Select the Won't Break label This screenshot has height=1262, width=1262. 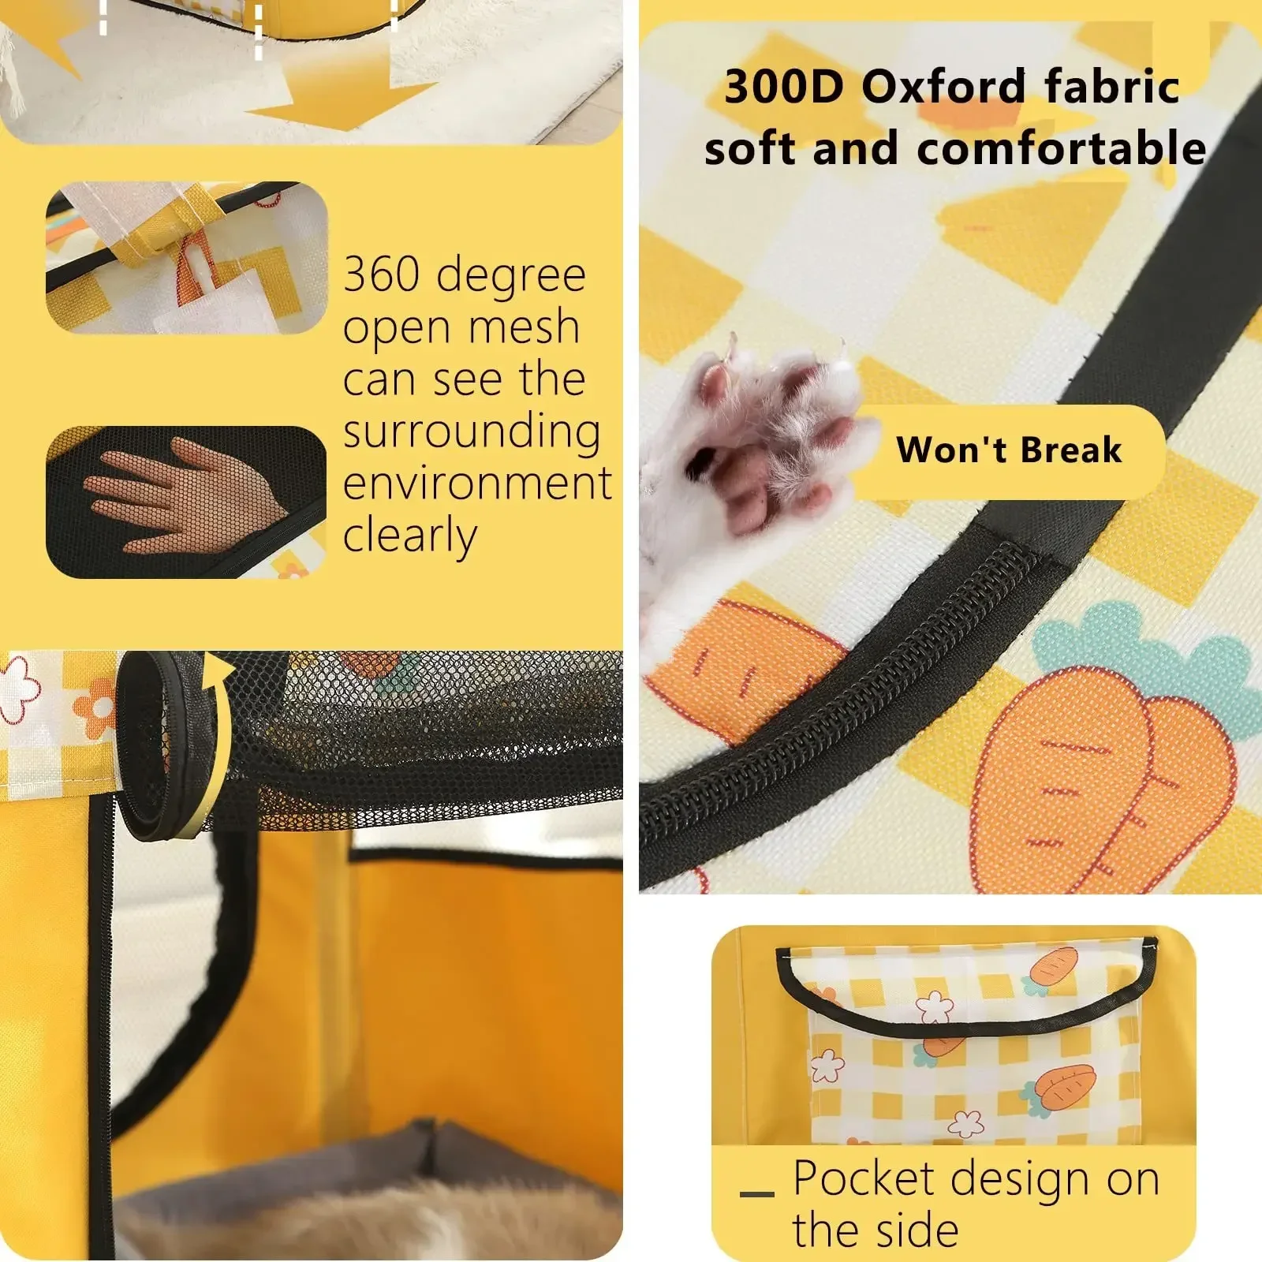1009,450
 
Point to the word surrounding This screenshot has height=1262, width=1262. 472,431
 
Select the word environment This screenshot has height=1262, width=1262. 477,483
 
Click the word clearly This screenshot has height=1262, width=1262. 410,536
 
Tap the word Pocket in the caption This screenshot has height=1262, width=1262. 863,1178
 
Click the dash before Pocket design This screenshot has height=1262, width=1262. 757,1193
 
